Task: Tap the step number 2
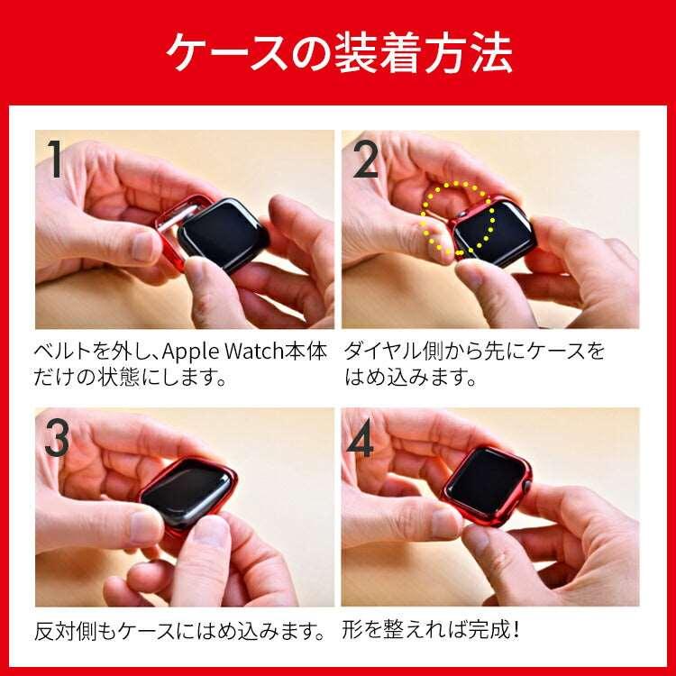click(365, 159)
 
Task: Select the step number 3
click(57, 438)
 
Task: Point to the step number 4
click(361, 438)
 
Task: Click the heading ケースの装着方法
click(339, 52)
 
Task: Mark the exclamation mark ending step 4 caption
click(516, 630)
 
